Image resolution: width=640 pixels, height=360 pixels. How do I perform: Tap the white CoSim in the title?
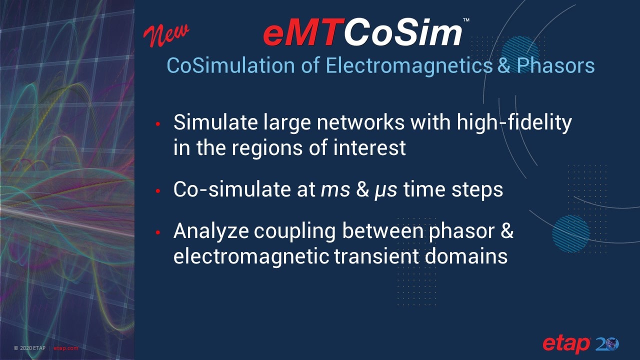point(403,32)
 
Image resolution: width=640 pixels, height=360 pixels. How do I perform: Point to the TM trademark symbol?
point(466,20)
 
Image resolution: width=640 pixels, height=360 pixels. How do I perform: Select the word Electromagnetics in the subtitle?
point(409,65)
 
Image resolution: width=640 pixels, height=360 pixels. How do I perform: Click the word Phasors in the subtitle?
point(555,65)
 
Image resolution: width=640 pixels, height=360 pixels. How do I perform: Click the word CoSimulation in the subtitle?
point(230,65)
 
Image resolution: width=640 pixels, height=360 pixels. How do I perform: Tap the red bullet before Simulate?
point(157,124)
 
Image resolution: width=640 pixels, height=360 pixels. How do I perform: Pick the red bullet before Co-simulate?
point(157,191)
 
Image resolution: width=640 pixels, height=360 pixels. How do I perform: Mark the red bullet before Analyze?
point(157,232)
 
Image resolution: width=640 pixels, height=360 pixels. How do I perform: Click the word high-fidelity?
point(514,123)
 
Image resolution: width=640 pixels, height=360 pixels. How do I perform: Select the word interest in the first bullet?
point(369,147)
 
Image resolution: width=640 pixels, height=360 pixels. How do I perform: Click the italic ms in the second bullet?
point(335,190)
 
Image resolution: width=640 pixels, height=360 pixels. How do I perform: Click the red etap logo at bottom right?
point(566,344)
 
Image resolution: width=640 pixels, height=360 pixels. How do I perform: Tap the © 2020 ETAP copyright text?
point(29,348)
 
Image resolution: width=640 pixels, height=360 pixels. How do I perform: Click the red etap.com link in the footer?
point(65,348)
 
